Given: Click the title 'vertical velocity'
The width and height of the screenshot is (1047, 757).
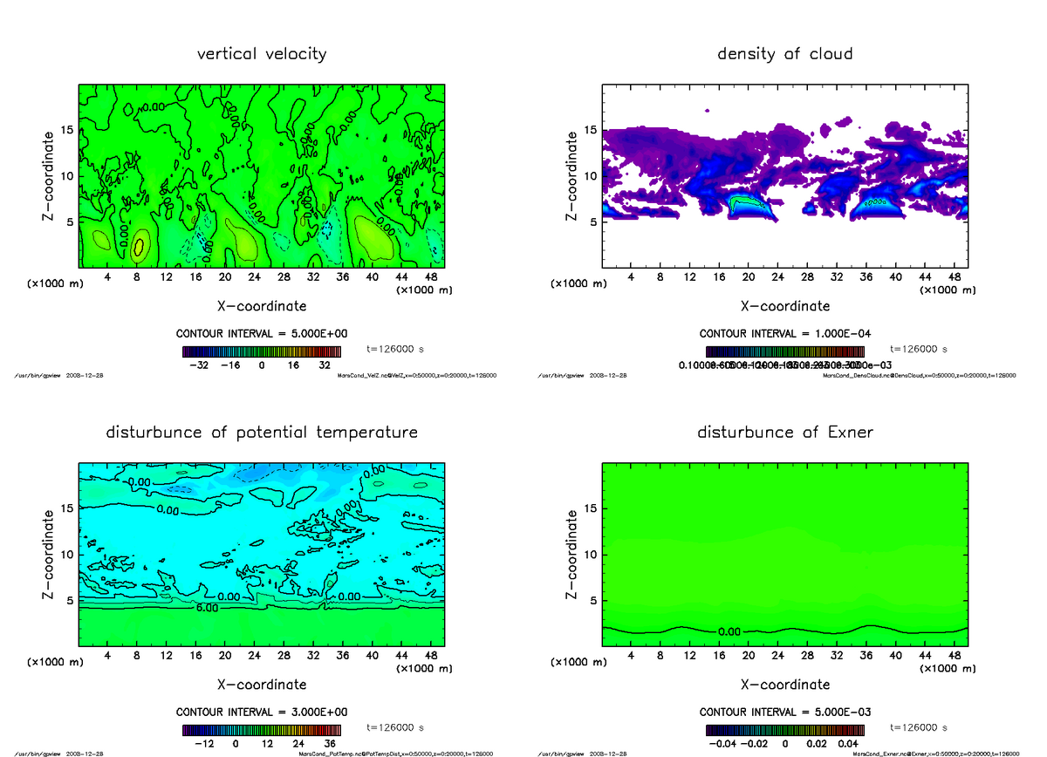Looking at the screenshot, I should click(262, 54).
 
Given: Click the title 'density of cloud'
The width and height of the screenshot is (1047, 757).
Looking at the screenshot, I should click(784, 54).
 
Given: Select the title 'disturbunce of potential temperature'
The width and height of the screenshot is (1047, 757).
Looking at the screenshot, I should click(262, 433).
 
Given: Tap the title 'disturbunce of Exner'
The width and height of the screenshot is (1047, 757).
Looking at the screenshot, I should click(784, 433).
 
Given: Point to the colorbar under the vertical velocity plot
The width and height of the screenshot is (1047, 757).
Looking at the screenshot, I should click(262, 351).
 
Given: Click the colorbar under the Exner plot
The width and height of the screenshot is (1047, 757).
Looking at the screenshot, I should click(784, 730).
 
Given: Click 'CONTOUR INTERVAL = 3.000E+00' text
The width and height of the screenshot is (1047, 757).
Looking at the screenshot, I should click(262, 713).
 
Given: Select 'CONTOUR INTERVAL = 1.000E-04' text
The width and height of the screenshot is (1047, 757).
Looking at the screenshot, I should click(784, 334).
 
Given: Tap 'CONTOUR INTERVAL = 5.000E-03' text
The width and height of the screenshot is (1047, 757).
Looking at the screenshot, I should click(784, 713).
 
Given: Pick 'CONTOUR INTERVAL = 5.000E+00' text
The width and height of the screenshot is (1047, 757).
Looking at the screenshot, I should click(262, 334).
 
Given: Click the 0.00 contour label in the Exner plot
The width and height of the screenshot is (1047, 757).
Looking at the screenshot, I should click(729, 631).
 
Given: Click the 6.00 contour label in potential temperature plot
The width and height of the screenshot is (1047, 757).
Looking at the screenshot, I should click(206, 607).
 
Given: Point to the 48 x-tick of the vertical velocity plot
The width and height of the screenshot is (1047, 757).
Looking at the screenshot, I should click(430, 277).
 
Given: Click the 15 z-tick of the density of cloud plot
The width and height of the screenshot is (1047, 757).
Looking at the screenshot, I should click(590, 131).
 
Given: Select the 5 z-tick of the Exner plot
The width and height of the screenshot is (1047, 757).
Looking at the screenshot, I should click(593, 601).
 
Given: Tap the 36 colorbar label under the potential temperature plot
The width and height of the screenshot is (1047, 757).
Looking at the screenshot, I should click(331, 744).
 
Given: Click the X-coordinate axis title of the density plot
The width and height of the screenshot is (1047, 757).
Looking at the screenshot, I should click(784, 306).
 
